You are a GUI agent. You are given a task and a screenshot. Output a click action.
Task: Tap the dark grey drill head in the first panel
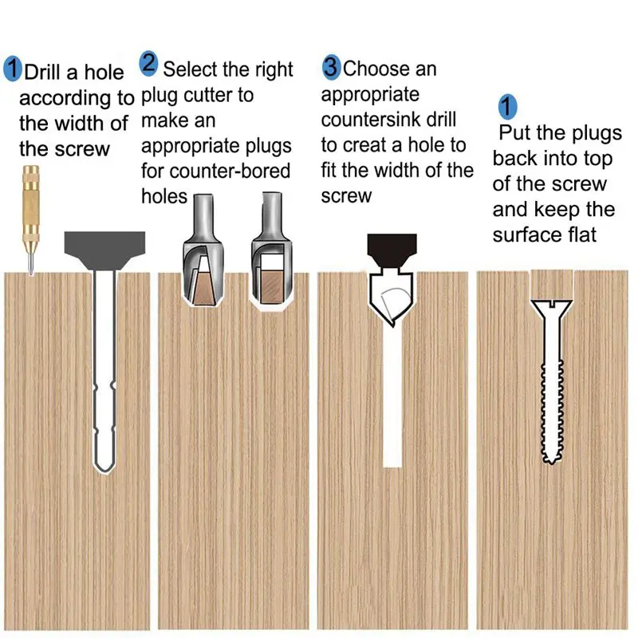[x=104, y=248]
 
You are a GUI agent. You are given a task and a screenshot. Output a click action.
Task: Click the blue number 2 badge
[x=149, y=63]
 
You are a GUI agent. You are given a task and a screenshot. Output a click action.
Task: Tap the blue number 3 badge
[x=331, y=67]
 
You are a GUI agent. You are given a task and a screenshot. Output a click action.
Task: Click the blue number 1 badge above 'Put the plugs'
[x=508, y=106]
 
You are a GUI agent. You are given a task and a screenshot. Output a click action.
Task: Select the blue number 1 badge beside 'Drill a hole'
[x=13, y=69]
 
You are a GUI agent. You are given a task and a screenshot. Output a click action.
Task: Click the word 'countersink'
[x=388, y=120]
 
